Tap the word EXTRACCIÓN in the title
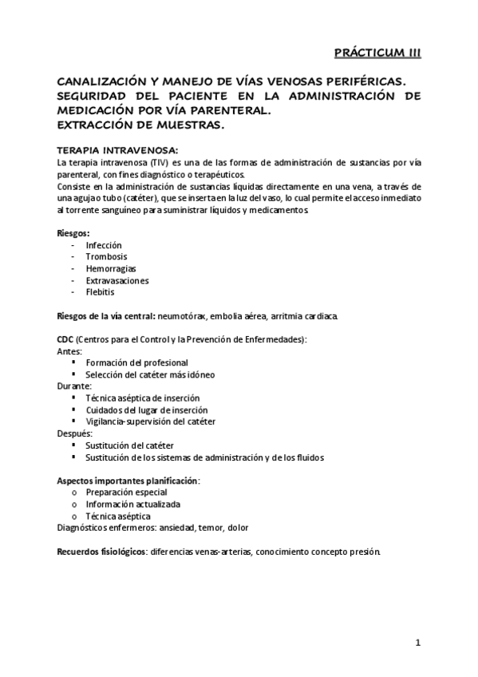pos(100,125)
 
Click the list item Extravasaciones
pos(117,281)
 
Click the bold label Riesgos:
pos(73,232)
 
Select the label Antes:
pos(70,350)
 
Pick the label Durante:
pos(73,386)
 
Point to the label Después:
pos(74,434)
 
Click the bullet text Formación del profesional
pos(136,362)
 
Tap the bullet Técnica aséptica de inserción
pos(142,398)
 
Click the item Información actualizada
pos(132,505)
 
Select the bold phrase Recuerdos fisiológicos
pos(101,552)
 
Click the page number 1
pos(417,643)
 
